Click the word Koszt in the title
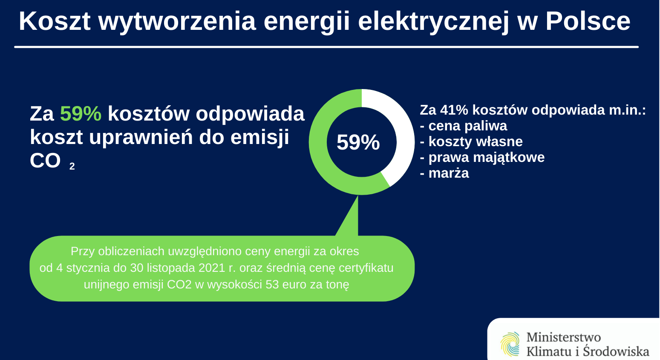[55, 21]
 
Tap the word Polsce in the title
[588, 21]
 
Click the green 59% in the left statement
[81, 114]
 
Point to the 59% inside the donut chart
[358, 142]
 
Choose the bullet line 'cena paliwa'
[464, 126]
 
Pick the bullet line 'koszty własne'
[471, 141]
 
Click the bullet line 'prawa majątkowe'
[482, 158]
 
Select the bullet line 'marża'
[444, 173]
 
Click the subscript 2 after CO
[72, 167]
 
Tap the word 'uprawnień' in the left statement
[141, 138]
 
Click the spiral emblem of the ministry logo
[510, 344]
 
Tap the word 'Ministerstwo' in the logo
[564, 337]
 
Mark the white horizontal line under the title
[326, 47]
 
